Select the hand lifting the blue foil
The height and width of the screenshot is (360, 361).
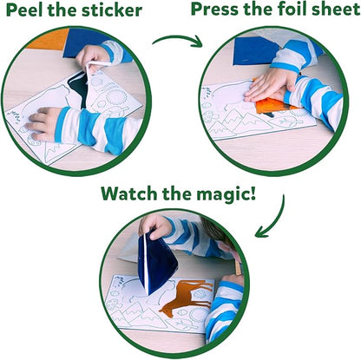point(161,227)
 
